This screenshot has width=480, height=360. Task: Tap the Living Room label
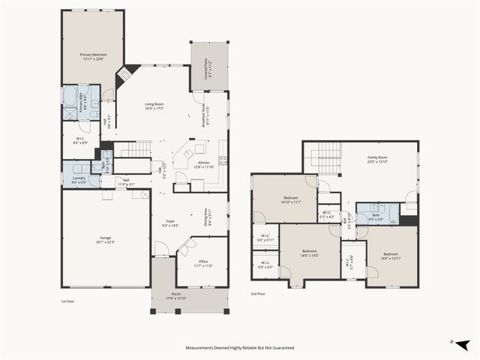coord(154,106)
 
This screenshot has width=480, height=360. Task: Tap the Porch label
coord(176,295)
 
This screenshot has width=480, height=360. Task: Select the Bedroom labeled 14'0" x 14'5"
coord(310,253)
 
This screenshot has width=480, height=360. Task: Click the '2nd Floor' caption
coord(257,294)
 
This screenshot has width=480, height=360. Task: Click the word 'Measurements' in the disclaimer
coord(204,348)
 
